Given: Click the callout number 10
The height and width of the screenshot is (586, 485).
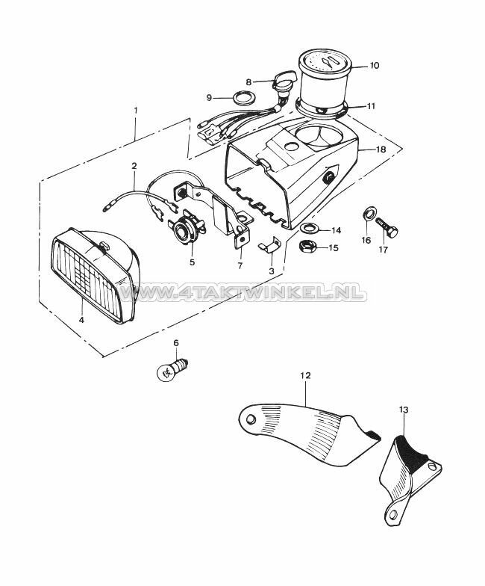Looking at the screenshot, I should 374,65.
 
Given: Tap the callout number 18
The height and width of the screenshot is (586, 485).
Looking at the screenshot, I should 381,149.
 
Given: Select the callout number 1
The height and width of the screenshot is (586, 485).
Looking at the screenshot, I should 136,111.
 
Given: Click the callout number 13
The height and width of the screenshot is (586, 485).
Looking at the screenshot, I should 404,410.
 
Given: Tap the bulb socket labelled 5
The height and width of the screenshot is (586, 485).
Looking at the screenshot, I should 184,232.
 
